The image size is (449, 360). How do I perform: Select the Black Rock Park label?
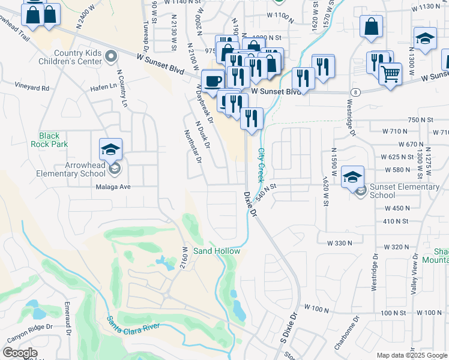click(53, 140)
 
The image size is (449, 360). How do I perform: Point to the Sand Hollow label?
click(216, 251)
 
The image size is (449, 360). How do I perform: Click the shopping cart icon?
click(390, 74)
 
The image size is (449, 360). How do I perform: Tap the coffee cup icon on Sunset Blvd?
click(212, 81)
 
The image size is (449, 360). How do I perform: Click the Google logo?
click(20, 353)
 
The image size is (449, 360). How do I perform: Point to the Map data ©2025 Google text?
click(411, 355)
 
